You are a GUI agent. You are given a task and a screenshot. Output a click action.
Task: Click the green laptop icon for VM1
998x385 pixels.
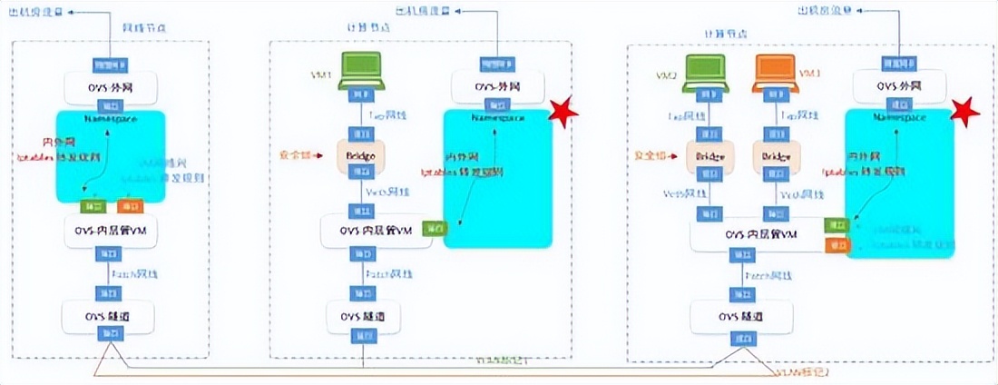point(358,74)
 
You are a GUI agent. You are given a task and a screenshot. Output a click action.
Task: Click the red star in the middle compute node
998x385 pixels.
point(565,114)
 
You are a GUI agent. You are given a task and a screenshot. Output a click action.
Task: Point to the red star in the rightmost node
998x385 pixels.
point(966,113)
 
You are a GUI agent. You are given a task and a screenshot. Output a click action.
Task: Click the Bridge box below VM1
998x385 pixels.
point(358,155)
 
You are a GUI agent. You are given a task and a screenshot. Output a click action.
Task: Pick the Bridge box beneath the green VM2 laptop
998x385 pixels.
point(709,156)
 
